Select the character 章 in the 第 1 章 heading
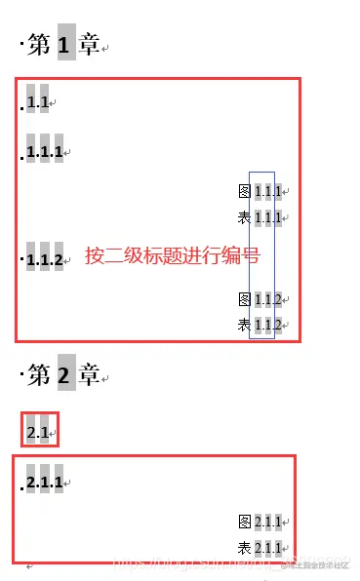click(x=90, y=44)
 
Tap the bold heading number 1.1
click(x=38, y=101)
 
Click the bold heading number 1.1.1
click(x=45, y=152)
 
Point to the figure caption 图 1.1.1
click(x=260, y=192)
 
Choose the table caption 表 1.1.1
click(x=260, y=216)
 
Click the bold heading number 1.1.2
click(x=45, y=260)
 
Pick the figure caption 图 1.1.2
click(x=260, y=299)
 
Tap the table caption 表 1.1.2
click(x=260, y=325)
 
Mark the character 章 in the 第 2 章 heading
click(x=90, y=374)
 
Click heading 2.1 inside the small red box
click(x=39, y=429)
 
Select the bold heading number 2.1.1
click(x=45, y=483)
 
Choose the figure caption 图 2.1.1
click(x=260, y=523)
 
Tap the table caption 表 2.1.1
click(x=260, y=547)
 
